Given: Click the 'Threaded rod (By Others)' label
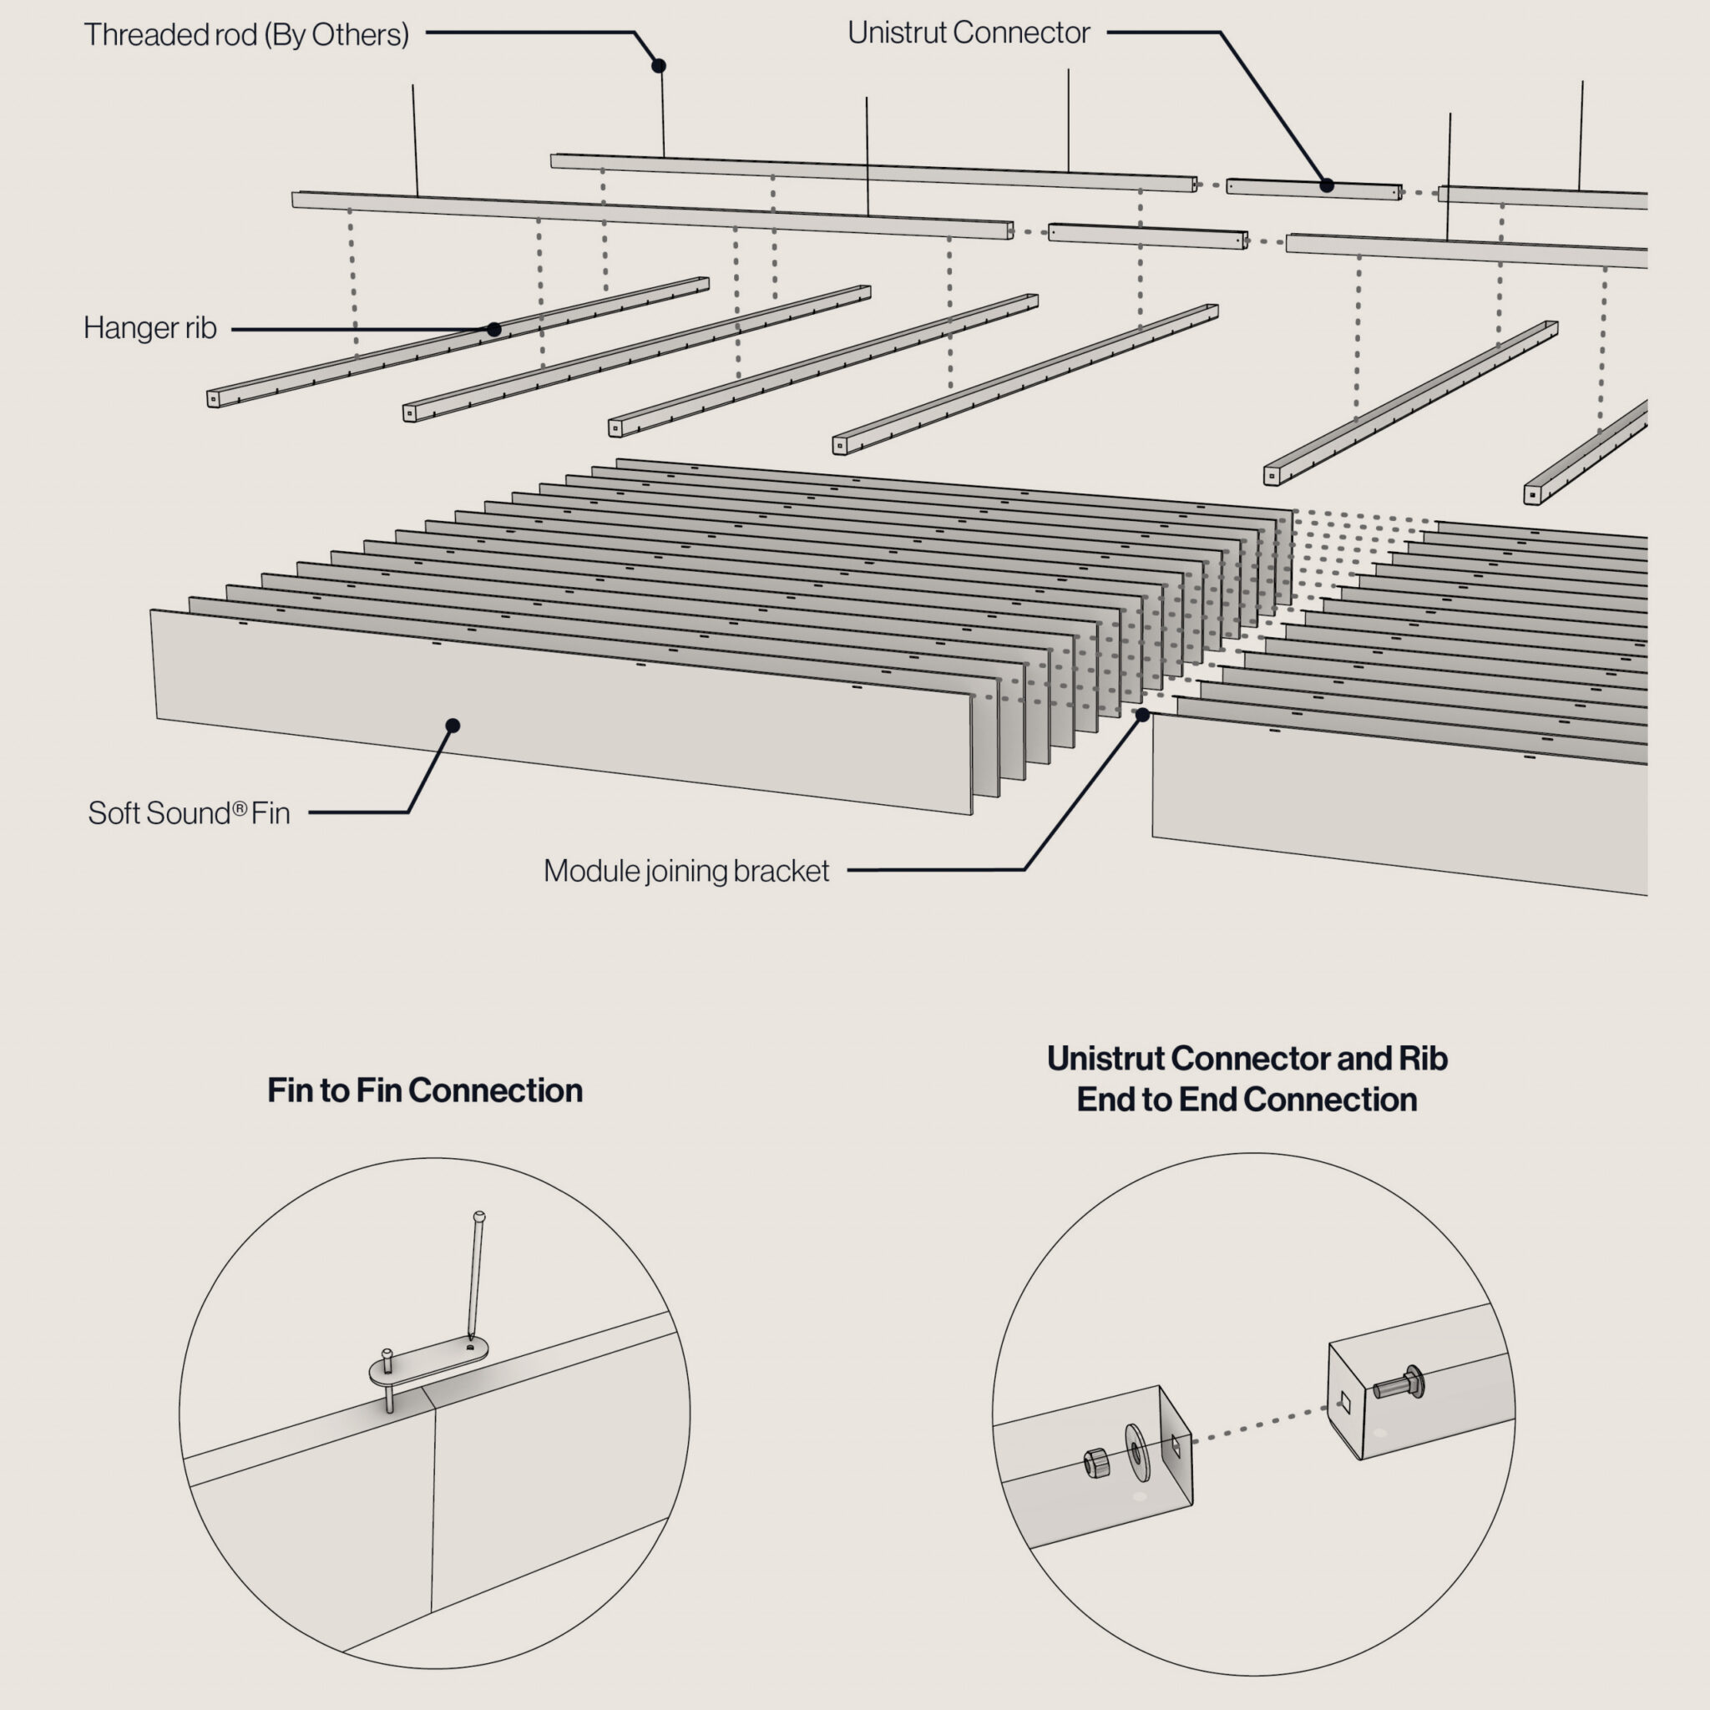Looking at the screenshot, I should coord(246,34).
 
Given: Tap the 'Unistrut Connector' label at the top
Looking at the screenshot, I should coord(969,33).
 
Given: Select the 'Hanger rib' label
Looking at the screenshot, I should coord(149,327).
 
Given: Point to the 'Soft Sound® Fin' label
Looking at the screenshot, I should coord(189,812).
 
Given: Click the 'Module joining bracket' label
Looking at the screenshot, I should coord(686,871).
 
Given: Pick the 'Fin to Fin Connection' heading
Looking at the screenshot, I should coord(425,1090).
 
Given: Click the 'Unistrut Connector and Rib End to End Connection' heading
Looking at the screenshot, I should coord(1247,1078).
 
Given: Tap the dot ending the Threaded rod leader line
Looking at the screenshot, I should coord(659,65).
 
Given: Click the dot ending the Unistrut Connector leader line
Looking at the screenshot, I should coord(1327,185).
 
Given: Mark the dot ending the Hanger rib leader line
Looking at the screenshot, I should coord(494,329).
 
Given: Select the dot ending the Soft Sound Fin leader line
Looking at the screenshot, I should coord(453,726).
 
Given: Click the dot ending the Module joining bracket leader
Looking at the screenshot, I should coord(1143,714).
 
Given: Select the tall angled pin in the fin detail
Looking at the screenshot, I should coord(475,1274).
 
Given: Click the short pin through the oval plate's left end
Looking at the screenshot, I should coord(387,1380).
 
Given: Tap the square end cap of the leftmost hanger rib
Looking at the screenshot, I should coord(213,400).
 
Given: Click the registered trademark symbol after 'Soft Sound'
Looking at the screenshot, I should coord(239,807).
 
